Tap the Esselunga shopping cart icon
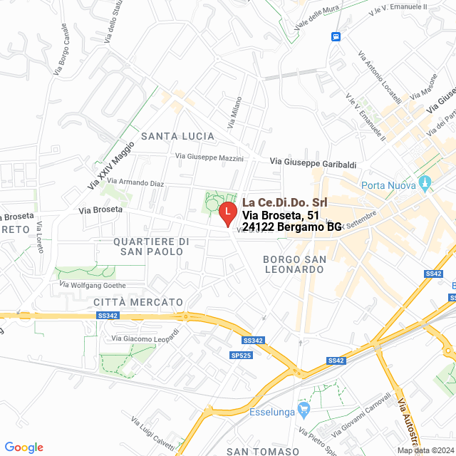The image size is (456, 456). (304, 410)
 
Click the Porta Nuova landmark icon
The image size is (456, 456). (425, 184)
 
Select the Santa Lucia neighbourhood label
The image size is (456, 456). (177, 135)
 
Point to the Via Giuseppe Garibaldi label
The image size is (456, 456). (313, 164)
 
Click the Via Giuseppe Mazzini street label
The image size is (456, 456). (209, 157)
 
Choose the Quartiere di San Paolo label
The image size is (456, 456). (151, 247)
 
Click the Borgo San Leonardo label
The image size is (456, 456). (294, 264)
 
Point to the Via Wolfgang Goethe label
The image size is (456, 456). (93, 285)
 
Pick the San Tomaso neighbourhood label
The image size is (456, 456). (262, 452)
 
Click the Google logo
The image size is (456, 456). (24, 447)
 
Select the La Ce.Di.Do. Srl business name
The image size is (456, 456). (284, 203)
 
